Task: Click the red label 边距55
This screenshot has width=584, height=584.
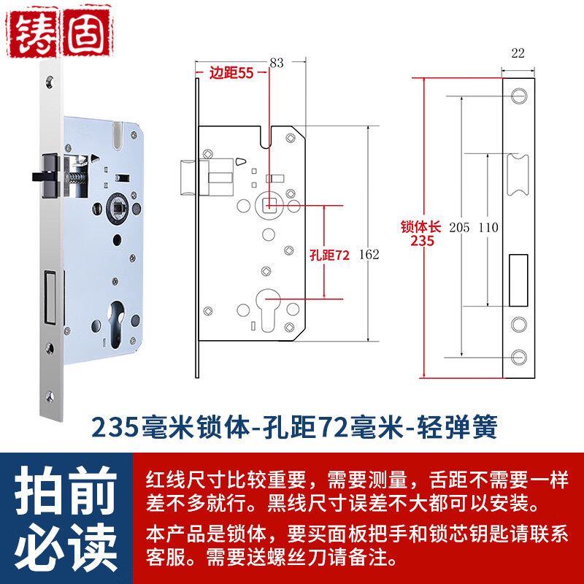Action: click(231, 73)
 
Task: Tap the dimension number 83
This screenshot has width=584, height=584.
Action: click(277, 63)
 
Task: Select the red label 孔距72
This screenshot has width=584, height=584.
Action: click(330, 255)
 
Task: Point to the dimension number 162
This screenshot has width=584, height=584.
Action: click(369, 254)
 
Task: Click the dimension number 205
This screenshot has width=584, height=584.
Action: click(459, 227)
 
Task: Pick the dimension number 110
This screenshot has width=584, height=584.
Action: click(488, 227)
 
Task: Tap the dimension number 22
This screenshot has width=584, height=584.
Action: click(518, 53)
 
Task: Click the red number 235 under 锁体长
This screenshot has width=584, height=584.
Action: click(423, 241)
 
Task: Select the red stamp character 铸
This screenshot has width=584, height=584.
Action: click(33, 33)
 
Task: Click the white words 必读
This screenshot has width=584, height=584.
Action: click(66, 547)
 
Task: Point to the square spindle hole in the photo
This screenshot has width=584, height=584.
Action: click(118, 206)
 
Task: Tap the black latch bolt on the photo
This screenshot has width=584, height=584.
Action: click(46, 176)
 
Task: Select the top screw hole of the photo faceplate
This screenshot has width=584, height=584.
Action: click(50, 81)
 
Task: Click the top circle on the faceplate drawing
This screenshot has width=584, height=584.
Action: click(519, 96)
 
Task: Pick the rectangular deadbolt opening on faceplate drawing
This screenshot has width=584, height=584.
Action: click(518, 280)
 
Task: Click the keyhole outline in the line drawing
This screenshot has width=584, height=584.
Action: click(268, 310)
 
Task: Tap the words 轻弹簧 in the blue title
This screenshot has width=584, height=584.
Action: click(457, 427)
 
